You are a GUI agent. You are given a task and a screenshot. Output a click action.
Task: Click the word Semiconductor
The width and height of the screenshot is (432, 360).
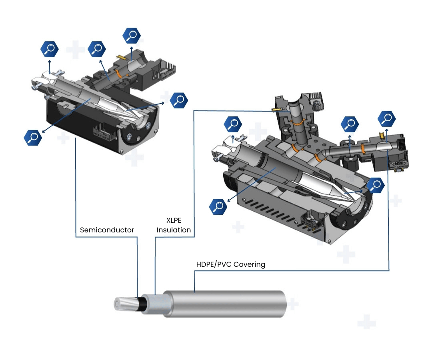click(x=107, y=230)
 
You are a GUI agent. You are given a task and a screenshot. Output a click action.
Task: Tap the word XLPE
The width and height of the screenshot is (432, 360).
click(x=174, y=220)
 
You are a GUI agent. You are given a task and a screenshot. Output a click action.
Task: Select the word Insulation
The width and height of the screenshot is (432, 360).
click(x=174, y=230)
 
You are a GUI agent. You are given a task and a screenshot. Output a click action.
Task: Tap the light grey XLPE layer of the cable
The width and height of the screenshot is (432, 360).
click(x=153, y=304)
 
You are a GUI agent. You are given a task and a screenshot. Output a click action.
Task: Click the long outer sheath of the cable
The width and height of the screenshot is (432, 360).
click(x=224, y=303)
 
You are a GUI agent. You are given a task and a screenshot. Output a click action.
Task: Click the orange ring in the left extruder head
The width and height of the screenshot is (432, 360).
click(x=118, y=74)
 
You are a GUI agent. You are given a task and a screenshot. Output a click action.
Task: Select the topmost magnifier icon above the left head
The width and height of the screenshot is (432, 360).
click(x=131, y=36)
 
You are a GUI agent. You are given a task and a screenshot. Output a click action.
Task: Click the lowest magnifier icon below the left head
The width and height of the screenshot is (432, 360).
click(x=33, y=138)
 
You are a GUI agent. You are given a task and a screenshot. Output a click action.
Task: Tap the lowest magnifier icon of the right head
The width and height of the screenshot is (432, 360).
click(x=218, y=206)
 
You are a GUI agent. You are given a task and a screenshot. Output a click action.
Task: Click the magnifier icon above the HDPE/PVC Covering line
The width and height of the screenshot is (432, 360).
click(x=387, y=118)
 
